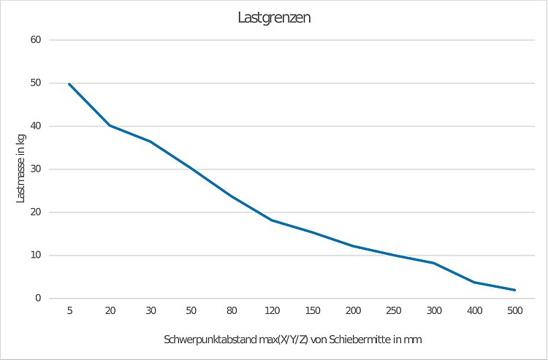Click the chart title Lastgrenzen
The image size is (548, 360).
(274, 18)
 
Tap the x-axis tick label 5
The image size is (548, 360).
(69, 311)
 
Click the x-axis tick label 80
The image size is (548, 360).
(232, 311)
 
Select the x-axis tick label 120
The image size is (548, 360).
(272, 311)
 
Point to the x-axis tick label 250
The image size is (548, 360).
(393, 311)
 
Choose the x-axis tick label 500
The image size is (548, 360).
(514, 311)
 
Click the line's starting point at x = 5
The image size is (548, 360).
(69, 84)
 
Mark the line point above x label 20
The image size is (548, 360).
(110, 126)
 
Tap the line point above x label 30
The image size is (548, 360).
(151, 141)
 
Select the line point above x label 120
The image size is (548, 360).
(272, 220)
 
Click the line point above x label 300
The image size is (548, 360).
(434, 263)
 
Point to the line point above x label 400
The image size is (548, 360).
(474, 282)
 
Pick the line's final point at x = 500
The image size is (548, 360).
(514, 290)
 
